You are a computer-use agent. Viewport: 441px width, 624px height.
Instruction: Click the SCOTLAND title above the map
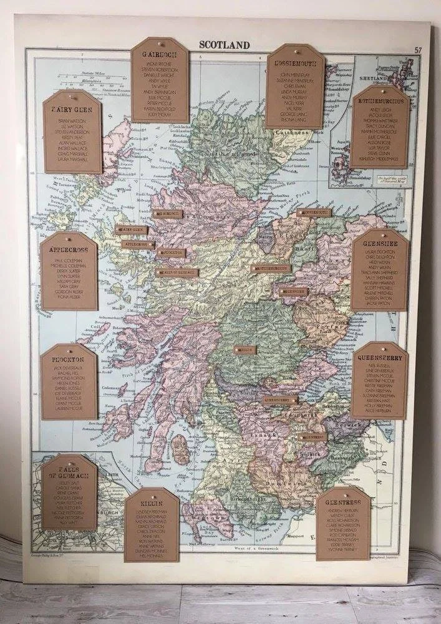click(224, 45)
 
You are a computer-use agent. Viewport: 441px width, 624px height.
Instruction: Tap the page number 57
click(416, 50)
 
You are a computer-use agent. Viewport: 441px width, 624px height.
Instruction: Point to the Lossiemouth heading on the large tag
click(295, 64)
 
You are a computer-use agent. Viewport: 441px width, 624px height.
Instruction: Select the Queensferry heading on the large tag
click(379, 358)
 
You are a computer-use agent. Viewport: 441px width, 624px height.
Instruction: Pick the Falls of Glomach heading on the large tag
click(69, 472)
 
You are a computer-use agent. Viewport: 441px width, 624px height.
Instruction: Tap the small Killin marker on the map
click(245, 350)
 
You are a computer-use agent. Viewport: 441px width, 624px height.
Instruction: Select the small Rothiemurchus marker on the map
click(271, 269)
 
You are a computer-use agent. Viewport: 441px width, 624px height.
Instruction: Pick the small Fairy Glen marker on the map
click(132, 229)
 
